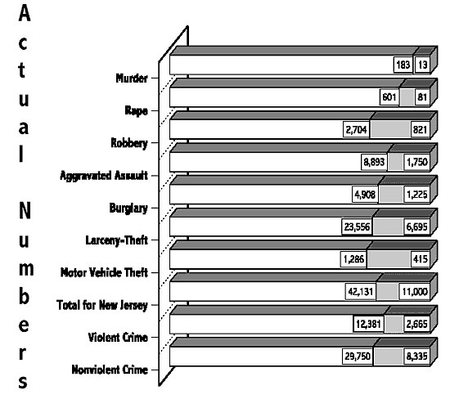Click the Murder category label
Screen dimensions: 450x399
132,78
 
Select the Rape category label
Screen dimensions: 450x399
137,110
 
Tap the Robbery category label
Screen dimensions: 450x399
129,143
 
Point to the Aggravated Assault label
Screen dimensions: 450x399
104,175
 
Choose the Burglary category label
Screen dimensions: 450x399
128,208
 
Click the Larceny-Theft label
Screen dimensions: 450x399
117,240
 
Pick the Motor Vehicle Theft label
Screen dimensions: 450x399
104,272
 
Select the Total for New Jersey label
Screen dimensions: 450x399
102,305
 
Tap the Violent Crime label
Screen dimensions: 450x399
118,338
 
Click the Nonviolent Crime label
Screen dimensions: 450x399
110,370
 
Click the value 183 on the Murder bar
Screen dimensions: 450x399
403,65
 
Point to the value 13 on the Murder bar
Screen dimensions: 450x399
422,65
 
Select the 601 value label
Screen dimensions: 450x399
389,97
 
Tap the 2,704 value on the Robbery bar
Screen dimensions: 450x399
356,130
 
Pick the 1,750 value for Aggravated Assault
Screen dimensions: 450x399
417,162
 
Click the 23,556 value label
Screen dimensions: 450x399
357,227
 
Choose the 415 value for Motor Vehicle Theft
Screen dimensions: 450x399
421,259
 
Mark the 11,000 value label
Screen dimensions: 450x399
415,292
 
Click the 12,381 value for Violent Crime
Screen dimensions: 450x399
368,324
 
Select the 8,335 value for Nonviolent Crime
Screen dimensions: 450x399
417,356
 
